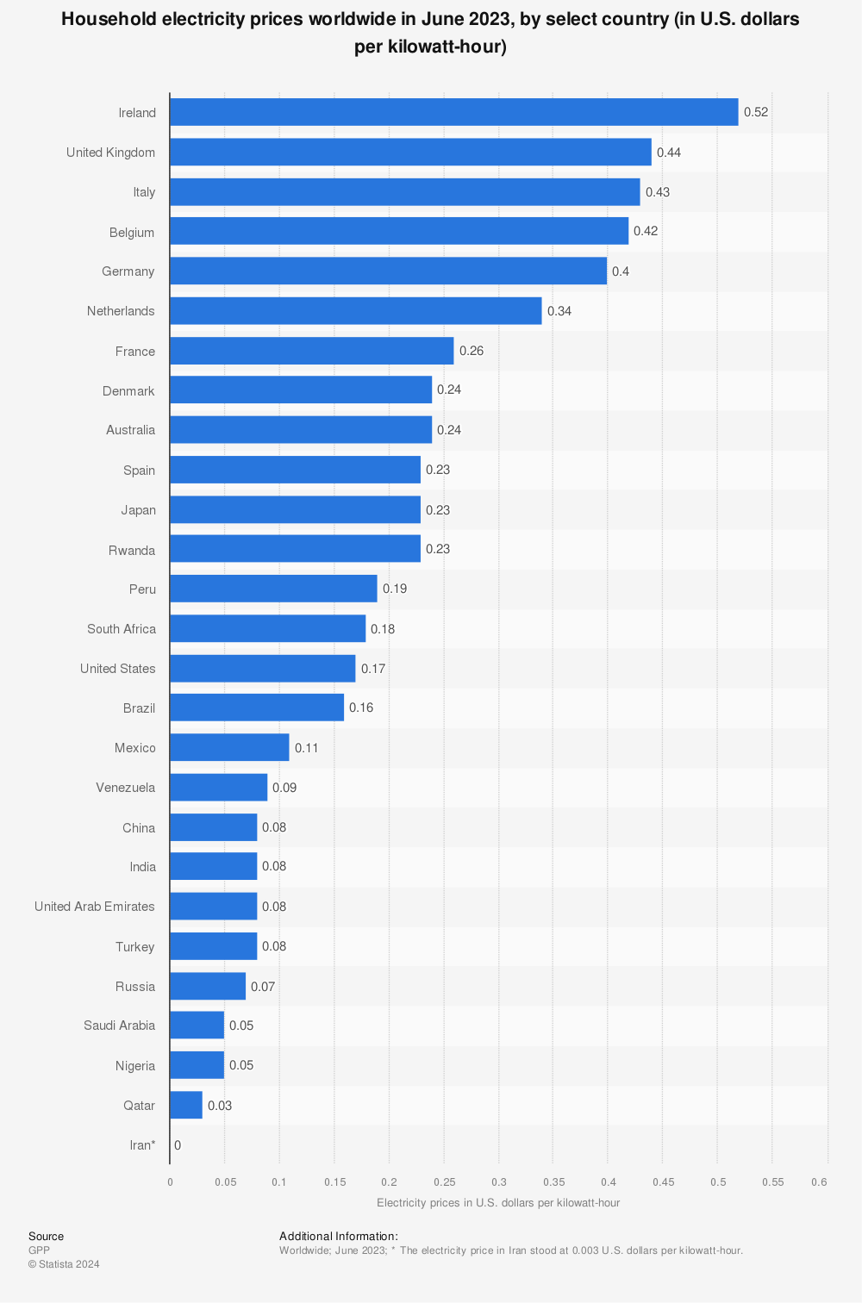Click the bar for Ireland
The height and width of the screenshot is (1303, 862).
tap(453, 112)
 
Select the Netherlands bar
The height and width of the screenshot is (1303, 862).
tap(355, 311)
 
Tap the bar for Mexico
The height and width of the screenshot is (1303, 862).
tap(229, 747)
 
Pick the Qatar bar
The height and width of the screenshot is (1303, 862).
tap(185, 1105)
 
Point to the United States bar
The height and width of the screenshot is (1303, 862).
tap(262, 669)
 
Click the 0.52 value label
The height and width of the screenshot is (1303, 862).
tap(755, 112)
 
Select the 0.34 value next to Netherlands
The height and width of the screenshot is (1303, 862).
tap(559, 311)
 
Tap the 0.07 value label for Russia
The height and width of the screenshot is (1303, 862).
tap(263, 986)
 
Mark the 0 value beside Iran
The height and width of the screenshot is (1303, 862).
tap(178, 1145)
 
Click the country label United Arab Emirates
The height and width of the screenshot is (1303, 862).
tap(95, 907)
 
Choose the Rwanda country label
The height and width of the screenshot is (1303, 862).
tap(132, 550)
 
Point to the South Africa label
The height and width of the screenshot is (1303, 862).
tap(122, 629)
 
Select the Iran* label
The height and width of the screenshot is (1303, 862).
tap(142, 1145)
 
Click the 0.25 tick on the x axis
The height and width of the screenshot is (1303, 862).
tap(444, 1181)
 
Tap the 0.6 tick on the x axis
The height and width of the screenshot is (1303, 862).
tap(819, 1181)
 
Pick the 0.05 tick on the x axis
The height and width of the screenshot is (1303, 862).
tap(225, 1181)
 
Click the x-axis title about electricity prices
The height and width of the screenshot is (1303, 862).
tap(498, 1202)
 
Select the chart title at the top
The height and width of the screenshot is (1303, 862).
tap(430, 33)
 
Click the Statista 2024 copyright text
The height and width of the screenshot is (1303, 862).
tap(64, 1264)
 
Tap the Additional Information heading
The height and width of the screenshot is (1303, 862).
tap(339, 1237)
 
